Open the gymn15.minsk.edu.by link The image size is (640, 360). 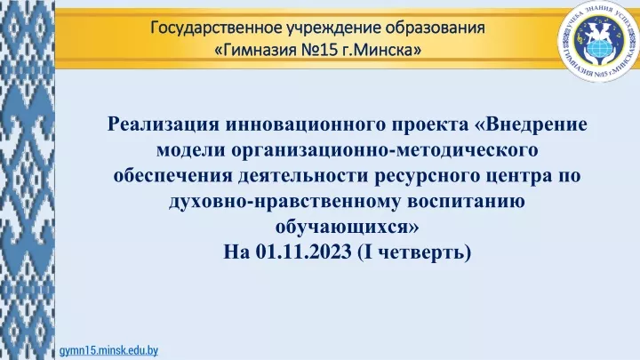[108, 350]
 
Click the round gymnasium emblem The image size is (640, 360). [599, 41]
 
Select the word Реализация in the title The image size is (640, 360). [164, 124]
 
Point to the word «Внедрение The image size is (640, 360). [531, 124]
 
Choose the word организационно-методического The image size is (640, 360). [385, 150]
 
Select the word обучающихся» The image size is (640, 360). [348, 228]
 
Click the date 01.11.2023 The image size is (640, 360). [304, 252]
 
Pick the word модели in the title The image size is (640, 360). [191, 150]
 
